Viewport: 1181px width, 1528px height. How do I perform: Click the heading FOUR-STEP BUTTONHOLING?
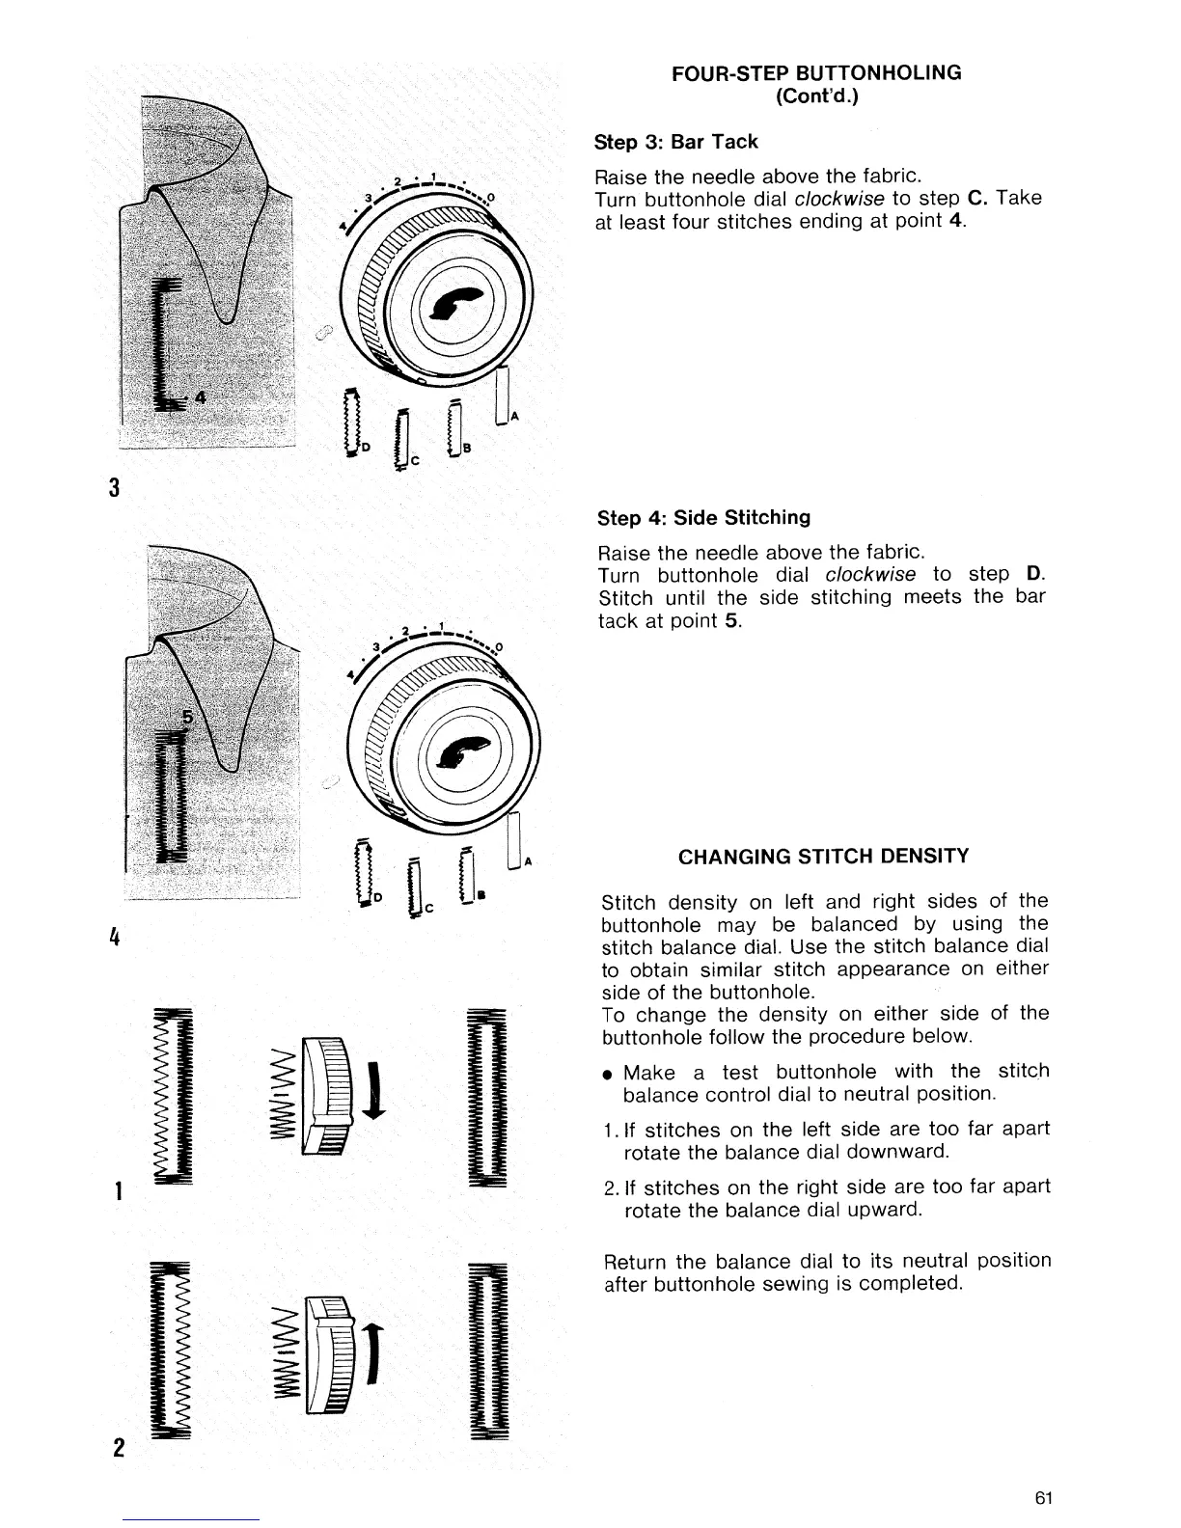point(816,72)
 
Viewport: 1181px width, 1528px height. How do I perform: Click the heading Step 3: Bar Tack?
point(676,142)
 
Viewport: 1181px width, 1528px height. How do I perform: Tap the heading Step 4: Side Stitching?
point(704,518)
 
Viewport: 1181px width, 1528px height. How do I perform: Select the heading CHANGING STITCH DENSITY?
point(824,856)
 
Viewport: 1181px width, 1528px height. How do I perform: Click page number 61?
point(1042,1498)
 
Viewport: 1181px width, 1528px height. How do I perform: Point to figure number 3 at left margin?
point(115,488)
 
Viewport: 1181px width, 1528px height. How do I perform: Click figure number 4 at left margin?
point(115,936)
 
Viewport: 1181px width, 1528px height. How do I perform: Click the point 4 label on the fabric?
point(200,398)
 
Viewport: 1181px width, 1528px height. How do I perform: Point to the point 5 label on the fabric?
point(188,719)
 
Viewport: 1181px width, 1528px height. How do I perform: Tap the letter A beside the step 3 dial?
point(514,416)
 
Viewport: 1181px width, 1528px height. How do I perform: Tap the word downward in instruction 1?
point(903,1153)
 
